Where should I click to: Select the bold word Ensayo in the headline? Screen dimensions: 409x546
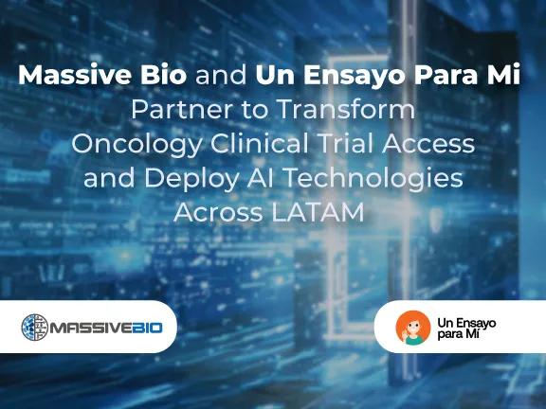pos(344,76)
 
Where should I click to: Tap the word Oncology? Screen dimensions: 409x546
pos(128,145)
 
